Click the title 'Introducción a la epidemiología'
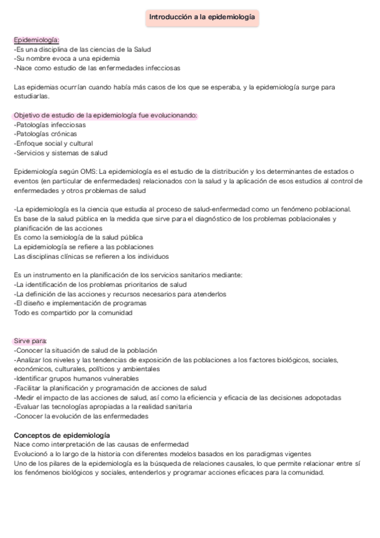click(x=202, y=18)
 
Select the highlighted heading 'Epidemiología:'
click(x=36, y=40)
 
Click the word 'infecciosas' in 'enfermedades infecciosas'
click(x=162, y=67)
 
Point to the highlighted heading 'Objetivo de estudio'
click(x=105, y=115)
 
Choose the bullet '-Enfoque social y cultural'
click(x=53, y=143)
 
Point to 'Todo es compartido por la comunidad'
click(x=73, y=313)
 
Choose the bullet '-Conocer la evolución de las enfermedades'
click(x=81, y=416)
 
